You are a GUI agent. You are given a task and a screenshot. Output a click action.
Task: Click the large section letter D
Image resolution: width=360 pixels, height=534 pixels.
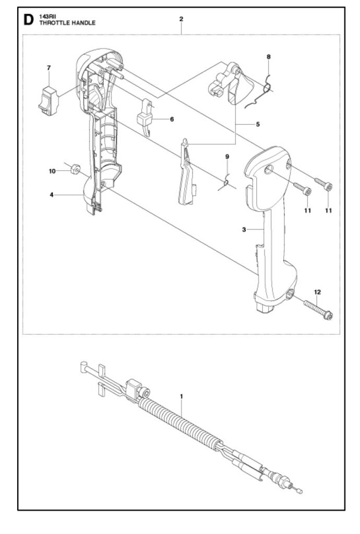point(28,20)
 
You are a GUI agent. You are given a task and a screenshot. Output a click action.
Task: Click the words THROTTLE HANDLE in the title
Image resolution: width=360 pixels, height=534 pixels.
point(67,23)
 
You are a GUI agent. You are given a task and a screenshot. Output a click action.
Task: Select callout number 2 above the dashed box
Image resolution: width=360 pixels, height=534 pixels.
point(181,19)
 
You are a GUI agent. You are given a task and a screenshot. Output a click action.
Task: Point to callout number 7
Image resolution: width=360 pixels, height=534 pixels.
point(49,68)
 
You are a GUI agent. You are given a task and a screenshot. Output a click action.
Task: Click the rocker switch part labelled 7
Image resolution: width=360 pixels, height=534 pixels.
point(48,101)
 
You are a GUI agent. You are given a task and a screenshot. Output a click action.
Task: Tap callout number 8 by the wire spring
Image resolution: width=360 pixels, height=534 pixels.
point(268,56)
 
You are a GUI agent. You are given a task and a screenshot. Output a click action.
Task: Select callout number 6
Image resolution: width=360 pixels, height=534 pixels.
point(172,119)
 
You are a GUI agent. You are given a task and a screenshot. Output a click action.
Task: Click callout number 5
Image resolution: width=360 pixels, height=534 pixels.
point(258,124)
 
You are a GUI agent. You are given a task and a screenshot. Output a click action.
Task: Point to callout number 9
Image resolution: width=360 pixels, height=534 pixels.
point(227,156)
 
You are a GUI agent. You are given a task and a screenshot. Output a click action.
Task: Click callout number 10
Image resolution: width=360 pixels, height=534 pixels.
point(52,171)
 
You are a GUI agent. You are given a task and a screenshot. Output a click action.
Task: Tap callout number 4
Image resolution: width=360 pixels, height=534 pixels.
point(52,195)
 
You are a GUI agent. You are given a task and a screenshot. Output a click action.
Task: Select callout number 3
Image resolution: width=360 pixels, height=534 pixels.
point(244,229)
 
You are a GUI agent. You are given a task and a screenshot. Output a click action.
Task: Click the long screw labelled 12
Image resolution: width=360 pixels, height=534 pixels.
point(318,309)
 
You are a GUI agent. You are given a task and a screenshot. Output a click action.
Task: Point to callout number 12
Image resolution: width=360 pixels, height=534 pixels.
point(317,292)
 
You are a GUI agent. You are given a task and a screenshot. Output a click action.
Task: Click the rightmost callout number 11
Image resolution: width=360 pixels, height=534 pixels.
point(328,211)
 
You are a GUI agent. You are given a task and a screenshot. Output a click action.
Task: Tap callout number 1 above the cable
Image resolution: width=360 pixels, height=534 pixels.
point(182,396)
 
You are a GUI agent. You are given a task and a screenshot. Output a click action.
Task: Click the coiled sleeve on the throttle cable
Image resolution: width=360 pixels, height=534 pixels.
point(179,421)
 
